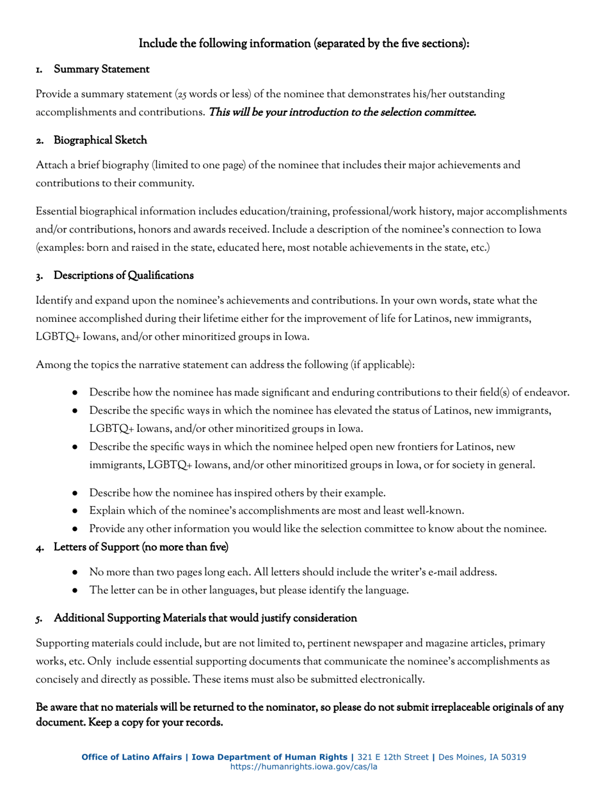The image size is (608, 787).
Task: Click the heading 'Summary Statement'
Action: coord(101,69)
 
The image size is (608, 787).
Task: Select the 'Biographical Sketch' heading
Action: coord(100,140)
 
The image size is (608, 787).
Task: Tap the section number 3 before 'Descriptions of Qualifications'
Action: coord(39,276)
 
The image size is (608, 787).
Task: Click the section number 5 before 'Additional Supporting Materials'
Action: coord(39,619)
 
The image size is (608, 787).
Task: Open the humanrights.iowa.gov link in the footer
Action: coord(304,767)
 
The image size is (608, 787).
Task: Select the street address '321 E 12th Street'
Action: coord(393,757)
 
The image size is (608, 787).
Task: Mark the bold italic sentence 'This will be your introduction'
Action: coord(342,113)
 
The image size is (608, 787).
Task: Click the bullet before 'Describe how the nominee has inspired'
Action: coord(76,493)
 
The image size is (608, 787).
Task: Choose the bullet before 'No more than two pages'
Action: coord(76,573)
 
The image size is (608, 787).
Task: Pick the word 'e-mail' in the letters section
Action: coord(435,572)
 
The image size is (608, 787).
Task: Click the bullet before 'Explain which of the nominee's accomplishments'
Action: coord(76,511)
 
